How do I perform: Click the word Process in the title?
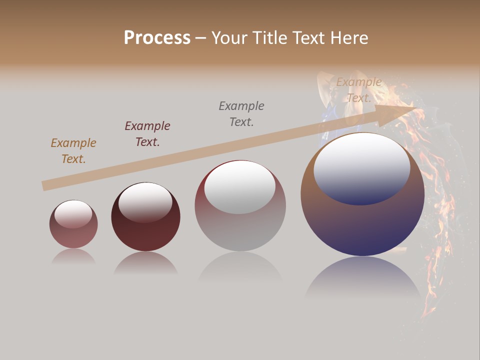tap(157, 38)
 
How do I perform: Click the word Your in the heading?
tap(229, 38)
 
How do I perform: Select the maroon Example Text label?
tap(147, 134)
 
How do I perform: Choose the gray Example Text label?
tap(241, 114)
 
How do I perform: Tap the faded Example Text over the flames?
tap(359, 90)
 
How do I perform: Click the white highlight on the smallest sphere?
tap(73, 214)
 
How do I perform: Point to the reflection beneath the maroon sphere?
tap(145, 263)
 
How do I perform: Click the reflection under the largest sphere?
tap(362, 277)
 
